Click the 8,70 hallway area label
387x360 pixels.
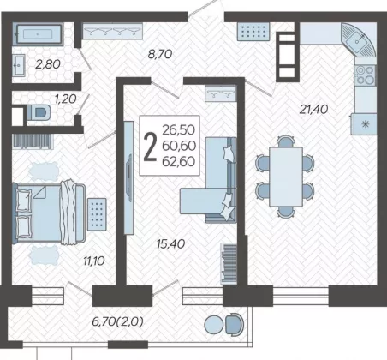pyautogui.click(x=160, y=54)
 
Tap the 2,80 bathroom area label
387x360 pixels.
pyautogui.click(x=48, y=64)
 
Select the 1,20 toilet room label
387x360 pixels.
pyautogui.click(x=66, y=99)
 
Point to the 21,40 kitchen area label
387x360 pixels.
pyautogui.click(x=313, y=109)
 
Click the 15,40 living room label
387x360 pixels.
pyautogui.click(x=170, y=243)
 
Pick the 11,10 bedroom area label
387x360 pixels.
pyautogui.click(x=94, y=261)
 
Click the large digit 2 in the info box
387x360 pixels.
pyautogui.click(x=150, y=147)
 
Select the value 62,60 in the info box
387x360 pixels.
pyautogui.click(x=179, y=162)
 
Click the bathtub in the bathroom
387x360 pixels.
pyautogui.click(x=39, y=34)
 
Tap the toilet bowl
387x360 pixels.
pyautogui.click(x=39, y=112)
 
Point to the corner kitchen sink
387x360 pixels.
pyautogui.click(x=358, y=39)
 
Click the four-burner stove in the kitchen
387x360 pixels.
pyautogui.click(x=365, y=75)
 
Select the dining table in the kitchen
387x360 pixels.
pyautogui.click(x=286, y=177)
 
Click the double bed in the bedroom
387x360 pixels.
pyautogui.click(x=49, y=213)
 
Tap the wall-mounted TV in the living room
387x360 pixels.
pyautogui.click(x=129, y=177)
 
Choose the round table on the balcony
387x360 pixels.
pyautogui.click(x=214, y=325)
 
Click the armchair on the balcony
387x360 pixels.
pyautogui.click(x=235, y=324)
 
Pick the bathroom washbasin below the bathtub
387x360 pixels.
pyautogui.click(x=19, y=65)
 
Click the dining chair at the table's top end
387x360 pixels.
pyautogui.click(x=285, y=141)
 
